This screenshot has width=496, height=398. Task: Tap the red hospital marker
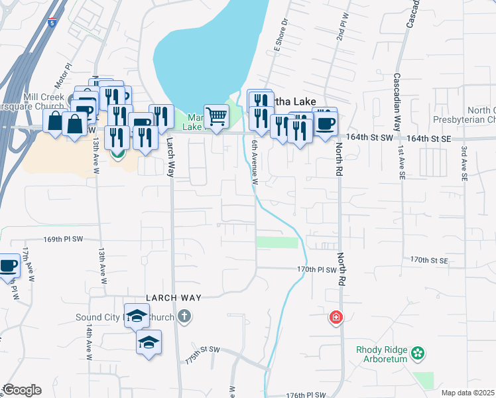[337, 318]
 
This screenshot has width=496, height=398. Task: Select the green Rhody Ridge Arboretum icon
[418, 352]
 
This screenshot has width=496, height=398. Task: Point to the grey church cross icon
[185, 317]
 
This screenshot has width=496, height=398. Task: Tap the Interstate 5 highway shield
[52, 23]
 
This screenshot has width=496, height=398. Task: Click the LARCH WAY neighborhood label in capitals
[174, 298]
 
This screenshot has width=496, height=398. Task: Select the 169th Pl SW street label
[64, 239]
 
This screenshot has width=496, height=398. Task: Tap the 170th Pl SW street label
[317, 270]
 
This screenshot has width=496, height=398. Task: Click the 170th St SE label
[429, 259]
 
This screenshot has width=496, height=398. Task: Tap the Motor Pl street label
[64, 76]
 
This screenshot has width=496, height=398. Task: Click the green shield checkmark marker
[117, 153]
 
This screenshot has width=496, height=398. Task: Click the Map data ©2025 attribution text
[467, 393]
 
